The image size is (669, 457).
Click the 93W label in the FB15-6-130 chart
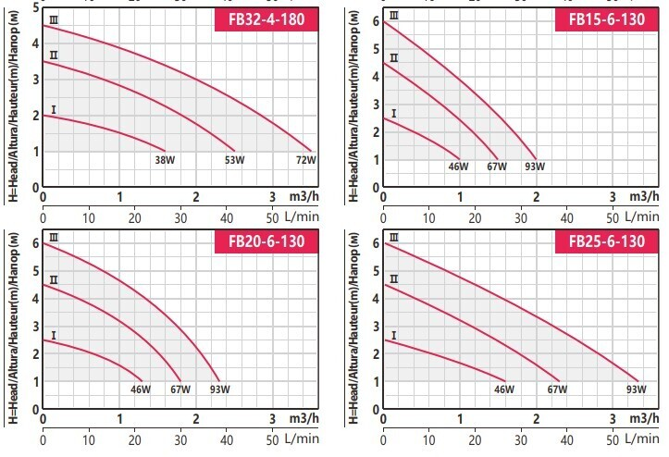pos(534,167)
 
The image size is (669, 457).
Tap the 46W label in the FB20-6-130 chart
pos(141,389)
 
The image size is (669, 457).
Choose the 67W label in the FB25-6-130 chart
pos(557,389)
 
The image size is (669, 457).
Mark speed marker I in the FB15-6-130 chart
pos(395,114)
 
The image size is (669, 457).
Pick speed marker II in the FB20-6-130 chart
pos(54,280)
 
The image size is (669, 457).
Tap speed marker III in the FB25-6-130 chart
pos(395,238)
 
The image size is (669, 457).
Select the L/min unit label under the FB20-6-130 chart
pos(305,438)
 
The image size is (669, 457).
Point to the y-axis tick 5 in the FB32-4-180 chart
pos(35,6)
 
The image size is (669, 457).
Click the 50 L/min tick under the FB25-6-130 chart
pos(612,438)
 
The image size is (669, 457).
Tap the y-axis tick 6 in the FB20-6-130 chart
pos(35,243)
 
